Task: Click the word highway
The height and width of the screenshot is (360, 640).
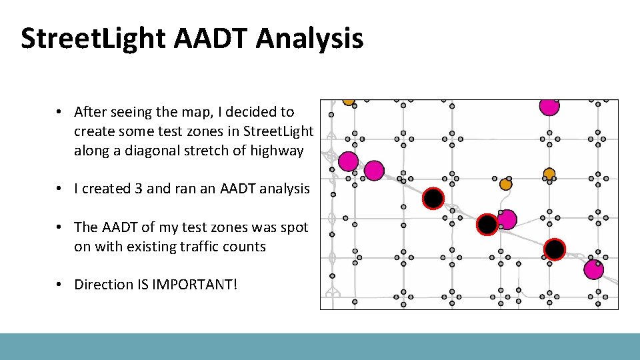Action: (277, 151)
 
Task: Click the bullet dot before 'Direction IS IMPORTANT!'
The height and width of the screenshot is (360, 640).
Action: (59, 285)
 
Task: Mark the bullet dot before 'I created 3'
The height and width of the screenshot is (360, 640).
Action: (59, 189)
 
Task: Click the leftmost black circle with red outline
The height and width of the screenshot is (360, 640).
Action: (433, 198)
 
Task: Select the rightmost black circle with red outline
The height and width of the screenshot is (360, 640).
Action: (555, 249)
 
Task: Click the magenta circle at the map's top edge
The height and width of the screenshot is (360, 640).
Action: (549, 106)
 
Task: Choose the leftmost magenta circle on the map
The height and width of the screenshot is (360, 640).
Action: (347, 161)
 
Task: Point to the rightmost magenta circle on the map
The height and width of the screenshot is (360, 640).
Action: (593, 269)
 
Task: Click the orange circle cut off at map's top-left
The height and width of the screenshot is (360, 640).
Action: (348, 101)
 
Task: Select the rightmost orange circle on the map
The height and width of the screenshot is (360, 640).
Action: (549, 173)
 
